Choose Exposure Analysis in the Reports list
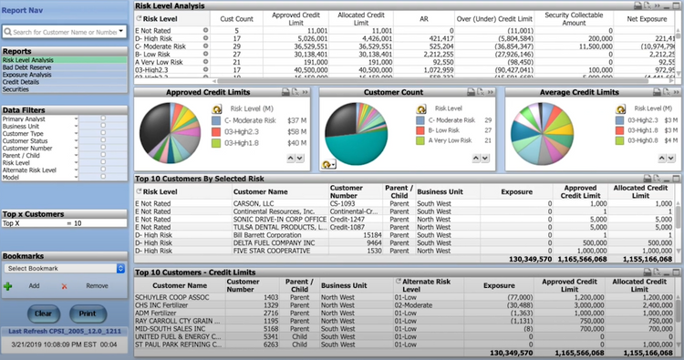26,75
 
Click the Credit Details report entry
22,82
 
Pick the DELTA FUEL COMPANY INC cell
275,243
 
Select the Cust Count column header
237,18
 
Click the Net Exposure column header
650,18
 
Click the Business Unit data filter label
23,126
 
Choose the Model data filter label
12,177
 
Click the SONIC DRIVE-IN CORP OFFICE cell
279,220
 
